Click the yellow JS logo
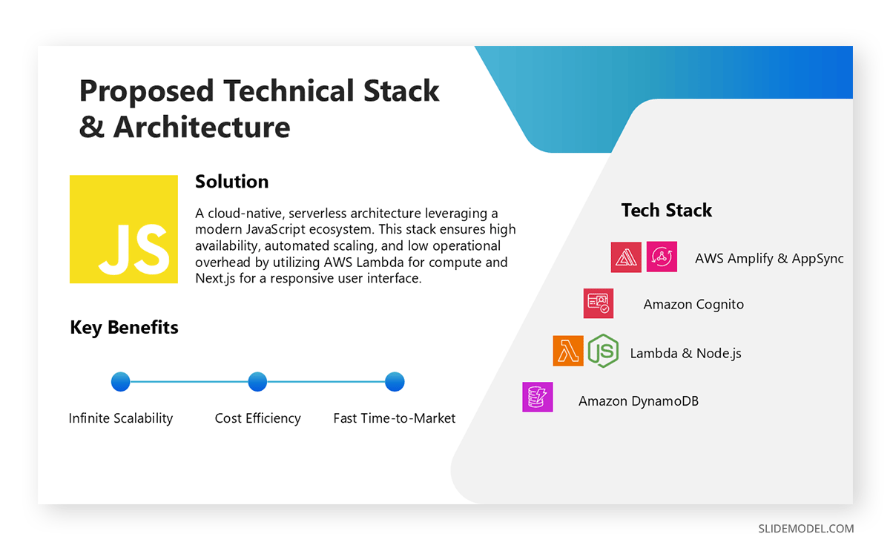point(124,229)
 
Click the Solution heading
point(231,182)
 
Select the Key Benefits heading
point(124,327)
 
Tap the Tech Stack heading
point(666,211)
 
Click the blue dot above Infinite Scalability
point(120,382)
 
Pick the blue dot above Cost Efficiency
point(257,382)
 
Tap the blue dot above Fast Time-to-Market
point(395,382)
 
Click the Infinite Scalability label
point(121,418)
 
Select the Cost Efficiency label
point(257,418)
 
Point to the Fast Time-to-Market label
point(395,418)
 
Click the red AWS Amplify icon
point(626,257)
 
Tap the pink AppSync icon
point(662,257)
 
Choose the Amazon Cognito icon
point(598,303)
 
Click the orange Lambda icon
point(568,351)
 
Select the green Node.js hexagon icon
point(603,351)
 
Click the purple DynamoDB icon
point(537,397)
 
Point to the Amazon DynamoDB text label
point(638,401)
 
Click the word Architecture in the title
point(201,127)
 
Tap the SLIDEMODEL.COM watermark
point(805,529)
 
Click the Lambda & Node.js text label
point(685,354)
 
